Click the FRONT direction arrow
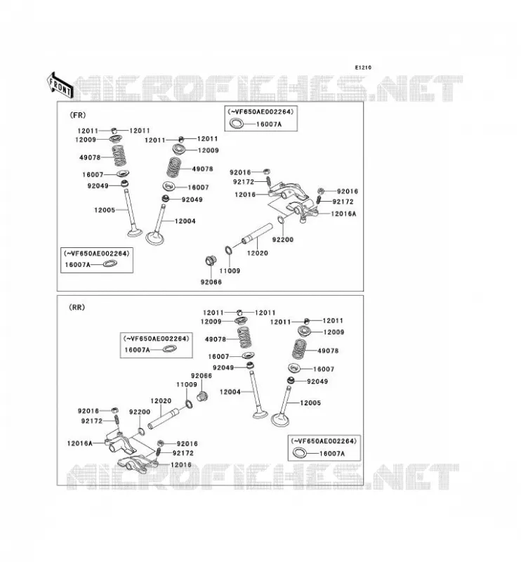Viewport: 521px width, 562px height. tap(60, 85)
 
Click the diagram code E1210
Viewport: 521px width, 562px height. tap(363, 67)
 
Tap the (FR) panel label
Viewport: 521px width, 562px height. tap(78, 115)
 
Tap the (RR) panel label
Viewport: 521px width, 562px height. tap(77, 307)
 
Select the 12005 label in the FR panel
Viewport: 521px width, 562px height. tap(105, 210)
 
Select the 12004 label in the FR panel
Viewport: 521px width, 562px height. tap(185, 221)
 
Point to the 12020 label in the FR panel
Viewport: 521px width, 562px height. tap(257, 253)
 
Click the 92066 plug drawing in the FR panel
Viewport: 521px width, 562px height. tap(211, 261)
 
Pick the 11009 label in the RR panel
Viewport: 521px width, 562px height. tap(187, 384)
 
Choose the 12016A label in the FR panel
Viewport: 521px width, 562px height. tap(343, 214)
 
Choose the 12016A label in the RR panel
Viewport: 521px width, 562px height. tap(79, 443)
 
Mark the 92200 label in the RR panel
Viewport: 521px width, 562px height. tap(140, 412)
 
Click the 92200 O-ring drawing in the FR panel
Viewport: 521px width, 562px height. tap(282, 220)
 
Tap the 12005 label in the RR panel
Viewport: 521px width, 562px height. tap(310, 403)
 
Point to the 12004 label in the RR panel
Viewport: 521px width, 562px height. tap(230, 392)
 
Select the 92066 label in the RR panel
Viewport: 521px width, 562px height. tap(202, 376)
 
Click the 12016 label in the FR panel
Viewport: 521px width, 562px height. tap(245, 195)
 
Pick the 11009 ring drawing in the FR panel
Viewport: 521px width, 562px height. tap(228, 250)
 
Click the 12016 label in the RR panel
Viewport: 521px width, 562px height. tap(181, 465)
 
